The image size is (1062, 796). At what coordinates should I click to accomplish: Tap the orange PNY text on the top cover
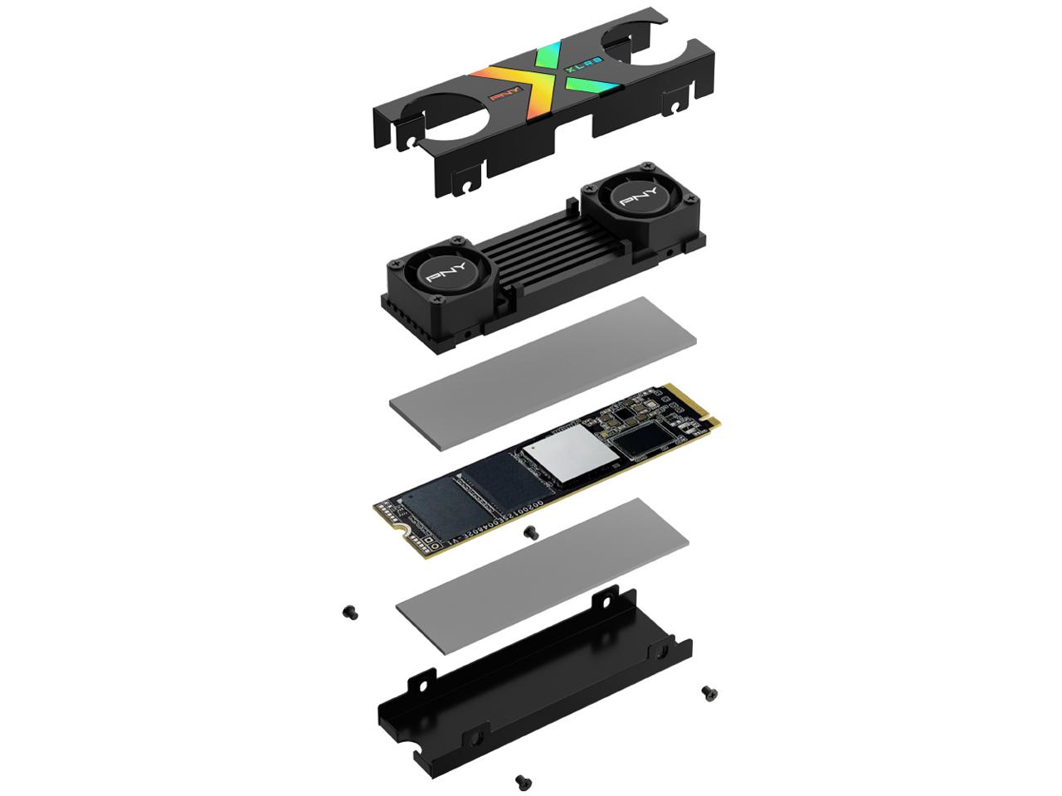(x=504, y=94)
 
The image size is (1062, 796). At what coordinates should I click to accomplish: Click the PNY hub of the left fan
(x=446, y=271)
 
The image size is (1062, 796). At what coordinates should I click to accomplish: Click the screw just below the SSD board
(x=532, y=533)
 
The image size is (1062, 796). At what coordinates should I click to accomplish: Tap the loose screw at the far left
(x=350, y=613)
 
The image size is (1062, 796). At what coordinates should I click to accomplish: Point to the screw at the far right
(x=709, y=692)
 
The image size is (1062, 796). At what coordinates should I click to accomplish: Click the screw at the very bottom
(x=523, y=781)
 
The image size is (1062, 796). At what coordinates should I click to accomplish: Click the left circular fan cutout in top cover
(x=452, y=116)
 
